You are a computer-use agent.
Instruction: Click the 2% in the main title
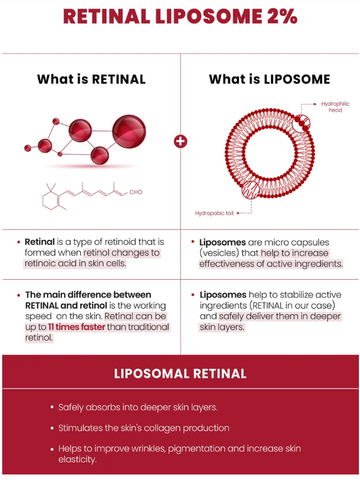280,16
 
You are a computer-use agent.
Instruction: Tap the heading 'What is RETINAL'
91,79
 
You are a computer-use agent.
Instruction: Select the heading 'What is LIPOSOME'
269,79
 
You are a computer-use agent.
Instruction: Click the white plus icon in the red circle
181,141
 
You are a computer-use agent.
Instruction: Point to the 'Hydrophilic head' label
332,107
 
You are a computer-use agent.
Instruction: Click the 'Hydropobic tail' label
214,213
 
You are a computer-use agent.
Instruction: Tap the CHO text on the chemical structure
136,192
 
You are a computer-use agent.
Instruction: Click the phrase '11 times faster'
69,326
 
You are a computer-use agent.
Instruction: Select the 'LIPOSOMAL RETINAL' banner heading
180,373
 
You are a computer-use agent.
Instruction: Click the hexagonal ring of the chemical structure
53,198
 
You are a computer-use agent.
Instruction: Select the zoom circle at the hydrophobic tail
251,190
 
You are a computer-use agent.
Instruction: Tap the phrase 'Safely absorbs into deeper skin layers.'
138,407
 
